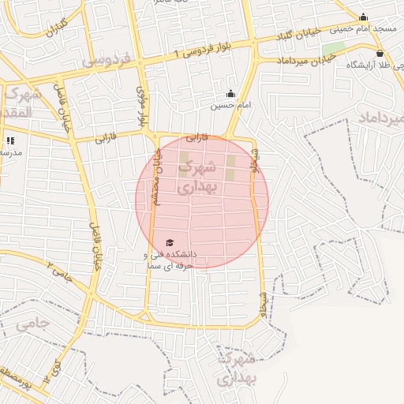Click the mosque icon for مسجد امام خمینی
364,17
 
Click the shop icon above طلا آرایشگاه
380,54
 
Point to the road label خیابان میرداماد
308,60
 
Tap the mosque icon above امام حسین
230,93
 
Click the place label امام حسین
230,105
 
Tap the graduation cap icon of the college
170,242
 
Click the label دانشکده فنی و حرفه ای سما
170,260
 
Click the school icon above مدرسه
10,140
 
